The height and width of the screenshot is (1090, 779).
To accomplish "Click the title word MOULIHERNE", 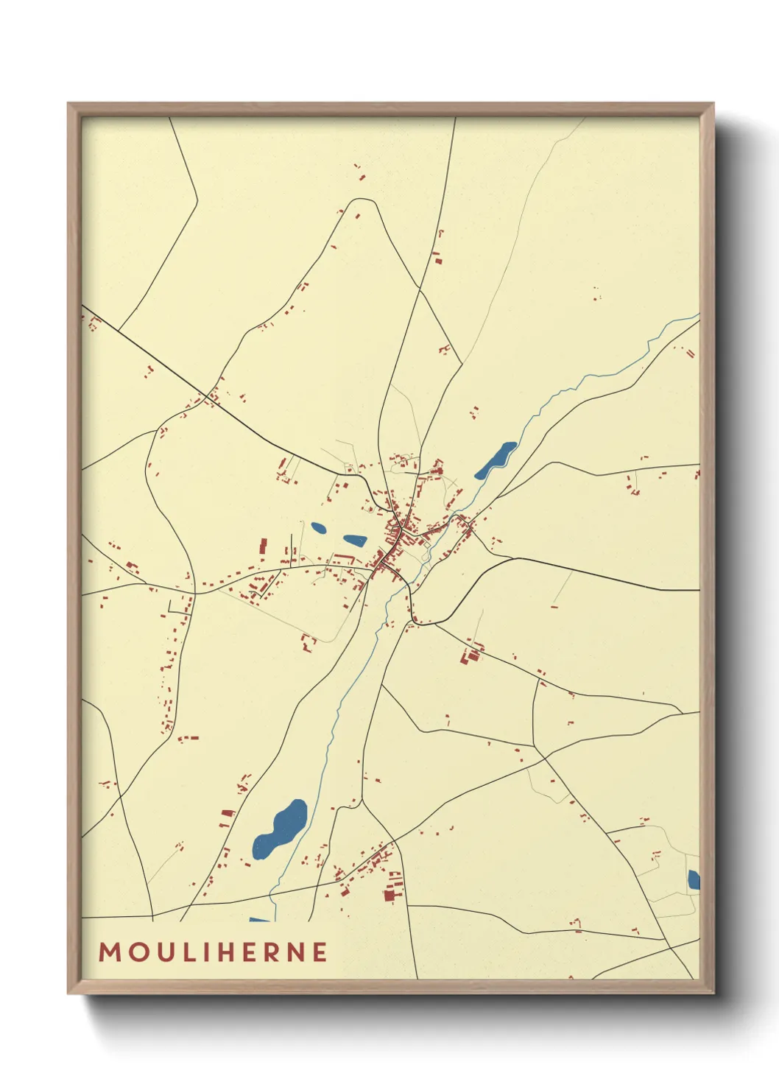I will coord(213,952).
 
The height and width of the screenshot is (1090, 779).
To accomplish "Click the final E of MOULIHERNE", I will coord(320,952).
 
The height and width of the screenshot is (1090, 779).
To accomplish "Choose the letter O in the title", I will coord(137,952).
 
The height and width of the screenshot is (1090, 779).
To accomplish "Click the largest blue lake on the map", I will coord(279,829).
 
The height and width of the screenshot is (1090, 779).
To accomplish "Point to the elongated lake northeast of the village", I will coord(496,460).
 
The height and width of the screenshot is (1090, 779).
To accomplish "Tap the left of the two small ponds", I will coord(319,527).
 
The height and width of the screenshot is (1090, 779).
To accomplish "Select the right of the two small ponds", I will coord(354,540).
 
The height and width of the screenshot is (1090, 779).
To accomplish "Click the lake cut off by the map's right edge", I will coord(694,879).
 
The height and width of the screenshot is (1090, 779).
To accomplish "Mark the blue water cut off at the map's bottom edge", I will coord(259,919).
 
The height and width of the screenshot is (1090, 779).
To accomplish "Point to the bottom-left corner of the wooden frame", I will coord(69,992).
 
